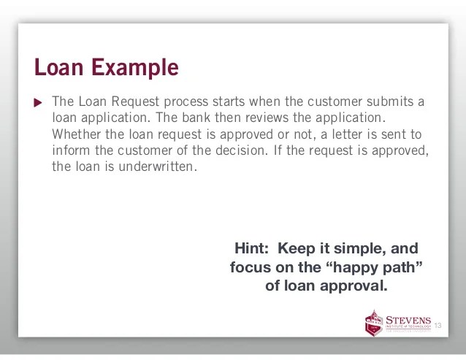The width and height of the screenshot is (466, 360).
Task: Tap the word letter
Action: pos(359,134)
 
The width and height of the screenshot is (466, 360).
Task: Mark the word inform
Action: pos(69,150)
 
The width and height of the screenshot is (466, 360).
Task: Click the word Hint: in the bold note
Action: pos(253,248)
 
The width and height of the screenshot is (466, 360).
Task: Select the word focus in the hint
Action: pos(250,267)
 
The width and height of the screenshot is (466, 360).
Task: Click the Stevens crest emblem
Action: pos(373,322)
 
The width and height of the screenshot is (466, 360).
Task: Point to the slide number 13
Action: pos(439,325)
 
